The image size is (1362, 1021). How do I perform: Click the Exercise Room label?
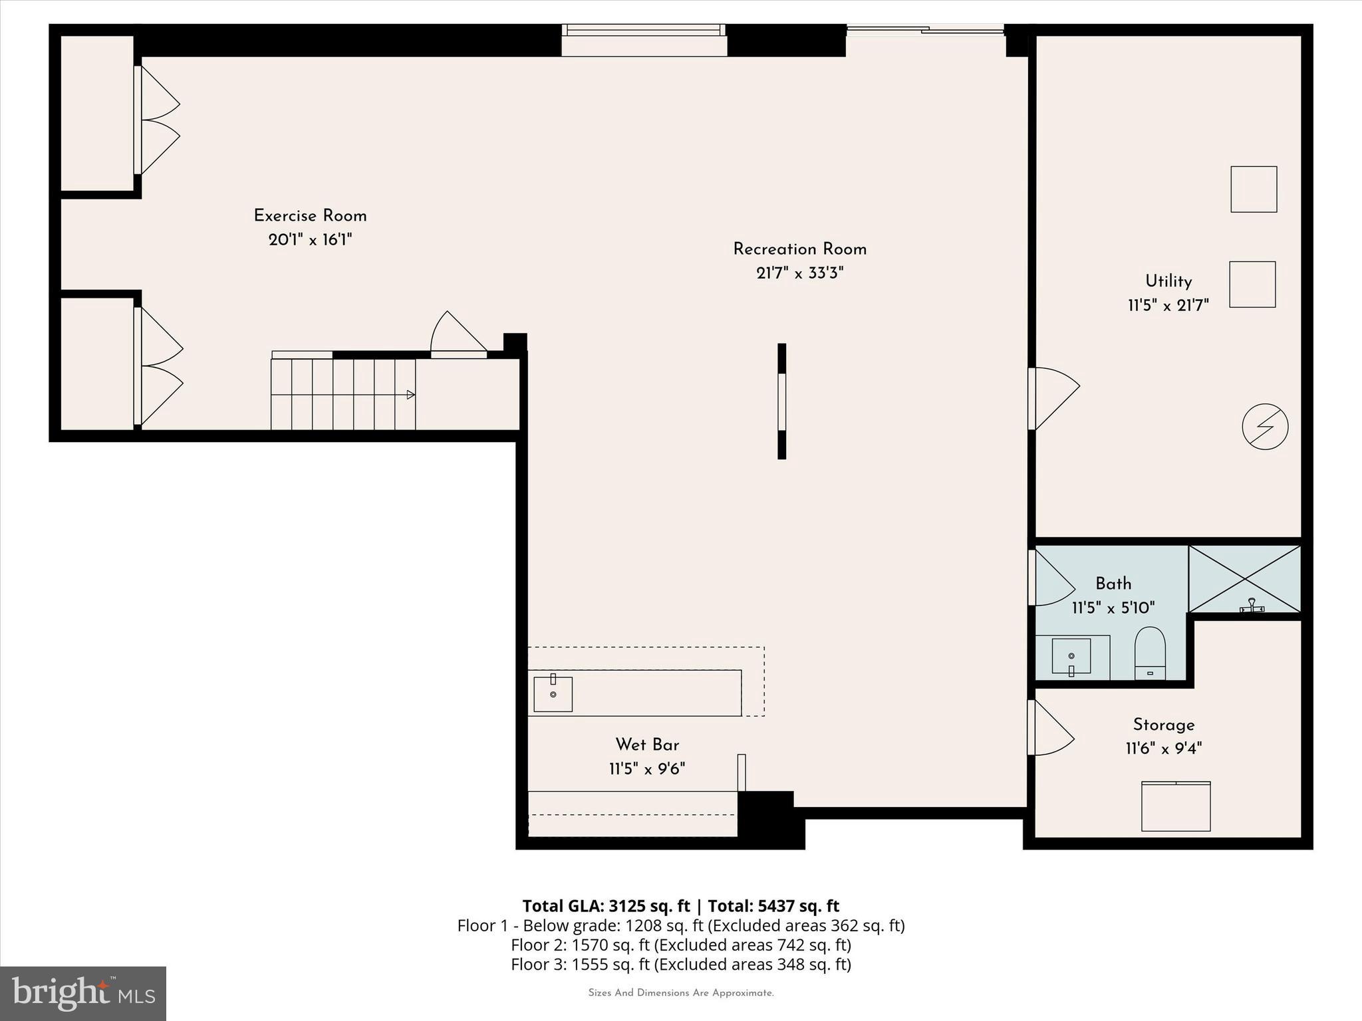[x=310, y=216]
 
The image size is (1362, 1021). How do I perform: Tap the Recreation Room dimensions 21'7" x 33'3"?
[x=799, y=273]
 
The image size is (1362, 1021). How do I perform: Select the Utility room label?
[x=1168, y=281]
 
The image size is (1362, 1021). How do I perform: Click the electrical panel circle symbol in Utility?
[x=1265, y=427]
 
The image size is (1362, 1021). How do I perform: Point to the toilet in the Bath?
[x=1150, y=654]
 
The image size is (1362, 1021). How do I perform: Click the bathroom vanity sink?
[x=1071, y=657]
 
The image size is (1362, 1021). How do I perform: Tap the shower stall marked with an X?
[x=1244, y=579]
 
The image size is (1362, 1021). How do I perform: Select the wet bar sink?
[x=553, y=694]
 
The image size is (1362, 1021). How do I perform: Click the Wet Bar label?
[x=647, y=744]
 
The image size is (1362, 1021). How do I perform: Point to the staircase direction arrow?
[x=410, y=395]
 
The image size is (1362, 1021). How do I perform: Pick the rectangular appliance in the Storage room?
[x=1176, y=806]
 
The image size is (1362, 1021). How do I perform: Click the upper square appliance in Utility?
[x=1254, y=189]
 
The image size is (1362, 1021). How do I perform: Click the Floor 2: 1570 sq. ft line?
[x=680, y=945]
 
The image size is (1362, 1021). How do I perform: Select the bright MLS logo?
[x=83, y=993]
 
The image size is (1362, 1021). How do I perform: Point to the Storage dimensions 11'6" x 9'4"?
[x=1163, y=749]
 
